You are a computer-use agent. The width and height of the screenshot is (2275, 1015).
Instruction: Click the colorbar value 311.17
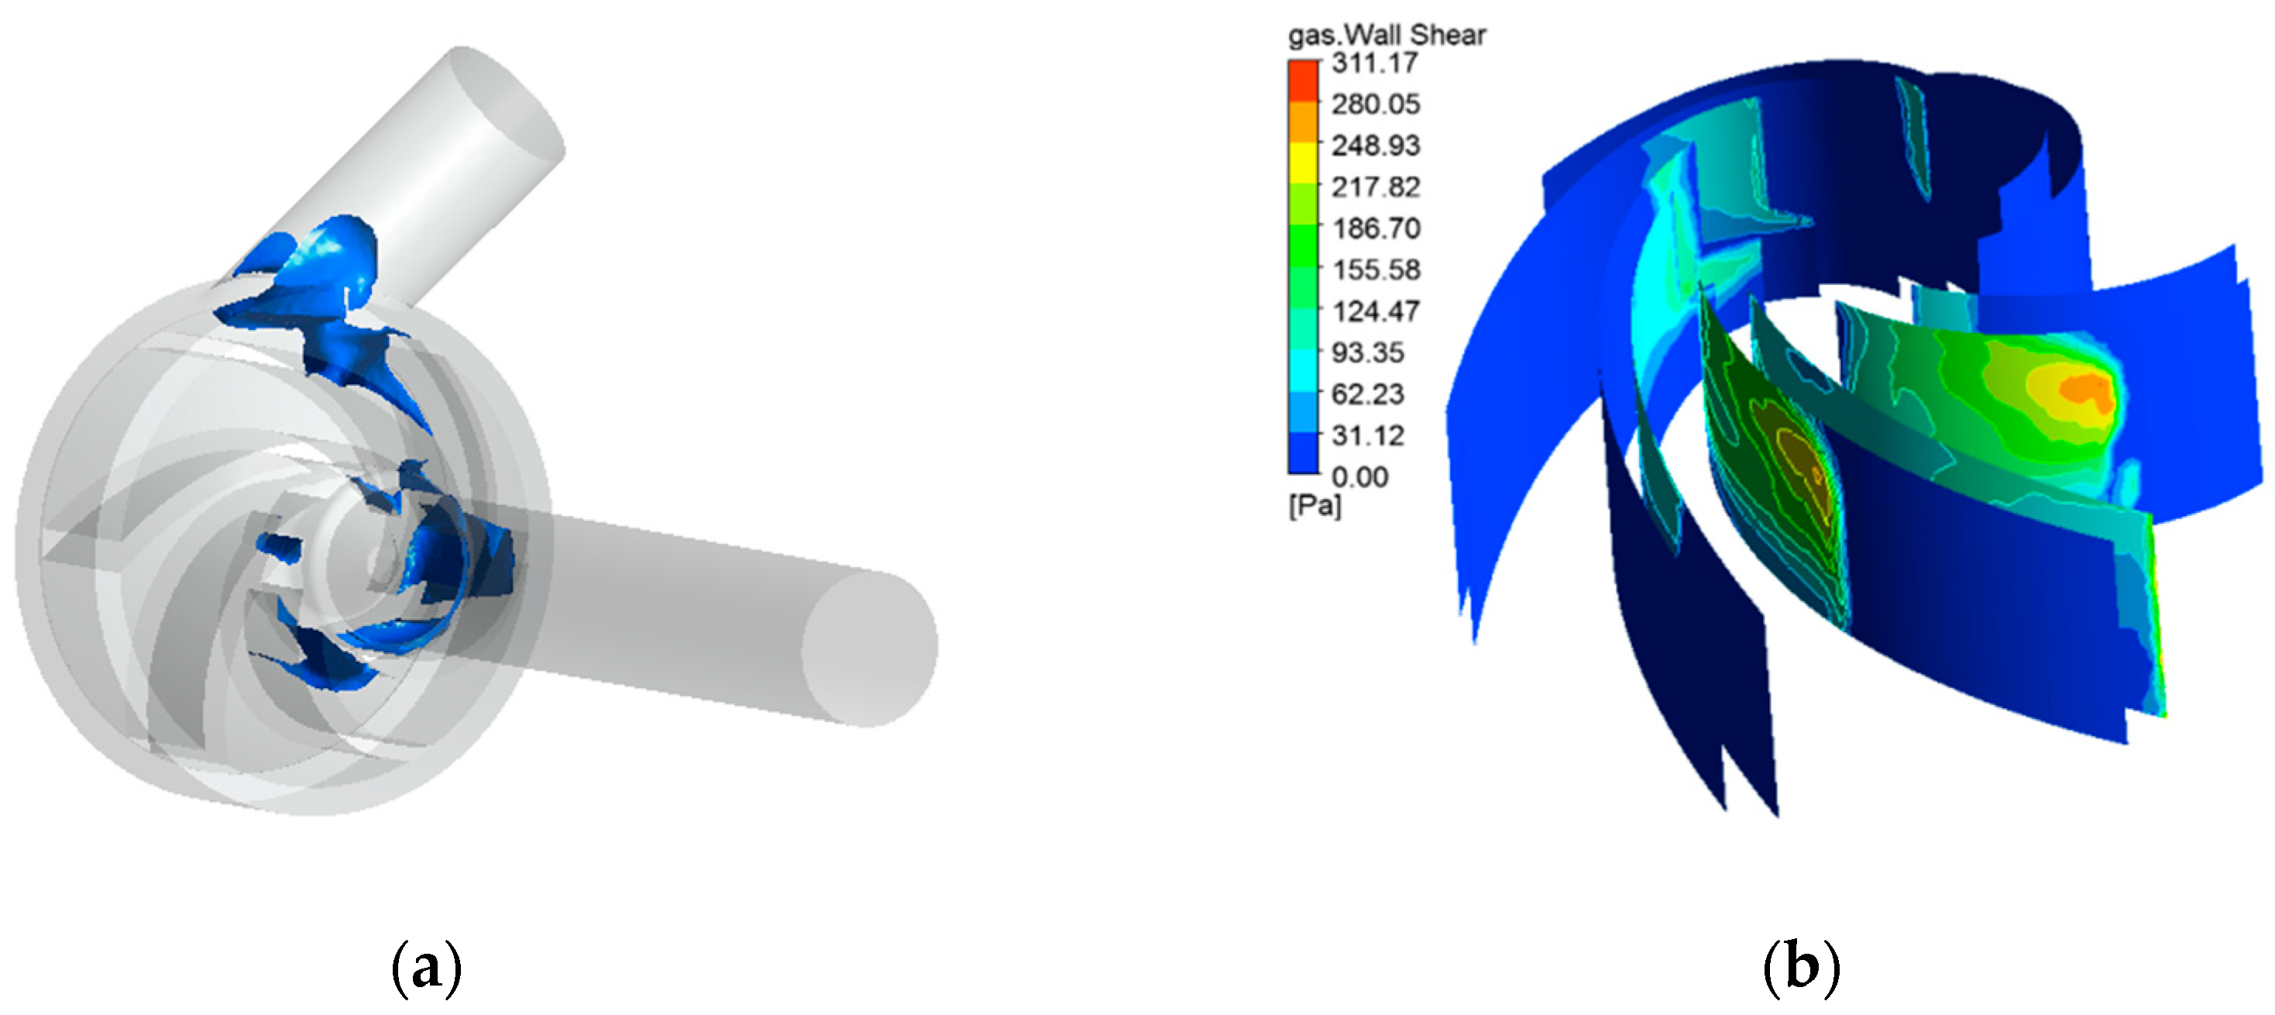click(1374, 63)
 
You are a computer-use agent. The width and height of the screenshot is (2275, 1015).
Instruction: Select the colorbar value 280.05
click(1375, 105)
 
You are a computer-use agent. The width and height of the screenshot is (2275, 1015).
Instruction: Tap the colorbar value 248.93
click(1375, 145)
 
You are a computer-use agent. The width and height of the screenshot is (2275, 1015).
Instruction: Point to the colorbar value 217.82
click(1375, 187)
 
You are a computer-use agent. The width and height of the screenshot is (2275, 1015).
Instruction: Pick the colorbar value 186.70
click(1375, 228)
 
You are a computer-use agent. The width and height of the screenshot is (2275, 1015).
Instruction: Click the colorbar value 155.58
click(1375, 270)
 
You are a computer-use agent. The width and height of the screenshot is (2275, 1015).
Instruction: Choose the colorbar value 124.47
click(1375, 311)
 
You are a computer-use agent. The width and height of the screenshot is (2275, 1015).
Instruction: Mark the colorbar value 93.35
click(1367, 353)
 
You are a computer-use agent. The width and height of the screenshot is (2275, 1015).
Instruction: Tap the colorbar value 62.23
click(1367, 394)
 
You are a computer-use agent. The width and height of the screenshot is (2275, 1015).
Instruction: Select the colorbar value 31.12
click(1367, 435)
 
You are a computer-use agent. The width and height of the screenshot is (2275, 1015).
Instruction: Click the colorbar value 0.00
click(1359, 477)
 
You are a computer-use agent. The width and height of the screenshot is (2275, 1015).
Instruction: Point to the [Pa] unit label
click(1314, 506)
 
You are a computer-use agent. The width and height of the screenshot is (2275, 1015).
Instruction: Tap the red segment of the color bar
click(1303, 81)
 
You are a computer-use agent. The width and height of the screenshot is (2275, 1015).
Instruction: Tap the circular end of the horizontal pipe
click(869, 649)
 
